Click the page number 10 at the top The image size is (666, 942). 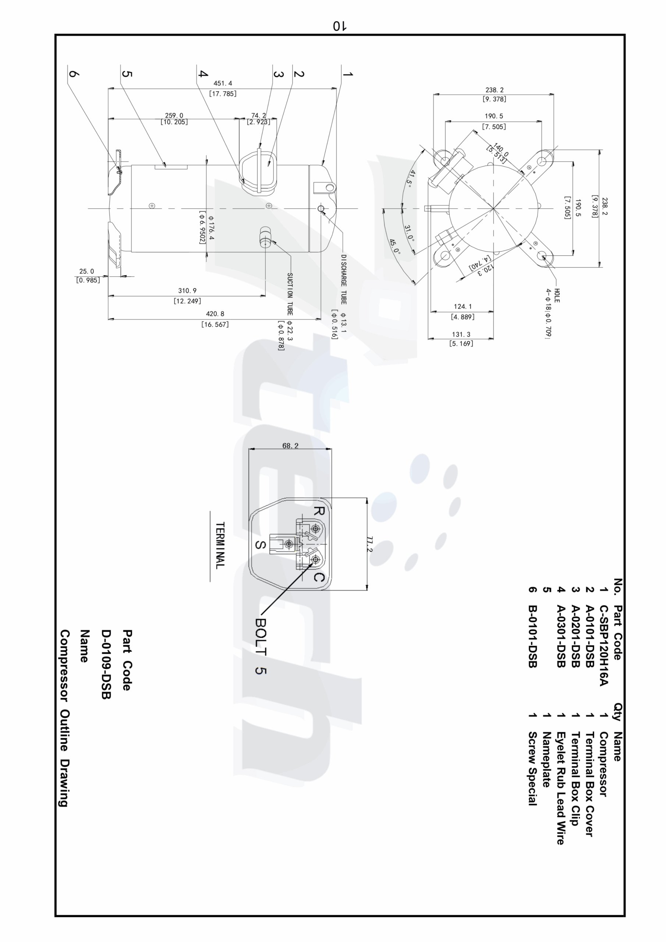(x=339, y=26)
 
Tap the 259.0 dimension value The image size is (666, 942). (x=174, y=116)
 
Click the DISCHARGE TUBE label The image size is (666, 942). (x=343, y=279)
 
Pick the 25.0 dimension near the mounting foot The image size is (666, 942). (x=86, y=271)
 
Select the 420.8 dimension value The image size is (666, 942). (x=215, y=314)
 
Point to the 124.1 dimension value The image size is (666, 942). (x=463, y=307)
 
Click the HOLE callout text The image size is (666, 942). (x=557, y=295)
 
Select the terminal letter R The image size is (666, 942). (x=319, y=511)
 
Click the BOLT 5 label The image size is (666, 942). (x=261, y=646)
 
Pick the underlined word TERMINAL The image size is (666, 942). (x=220, y=545)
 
